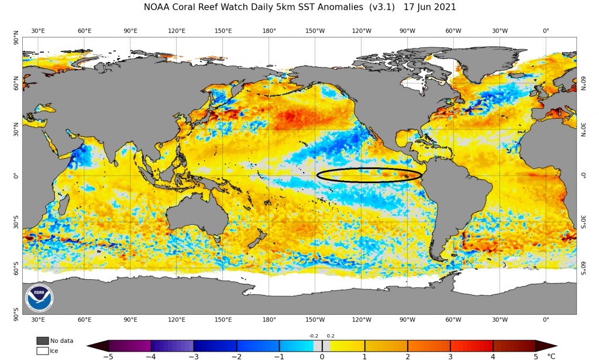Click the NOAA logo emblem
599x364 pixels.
39,298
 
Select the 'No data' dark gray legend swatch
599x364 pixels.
42,341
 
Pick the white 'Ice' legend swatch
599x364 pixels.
42,351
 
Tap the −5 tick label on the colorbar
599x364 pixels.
108,356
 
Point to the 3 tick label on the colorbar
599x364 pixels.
450,356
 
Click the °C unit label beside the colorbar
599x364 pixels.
552,356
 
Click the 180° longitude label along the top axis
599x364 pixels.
269,30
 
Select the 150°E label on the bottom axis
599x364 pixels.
223,320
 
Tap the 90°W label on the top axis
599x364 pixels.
408,30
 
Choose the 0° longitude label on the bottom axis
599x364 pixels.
546,320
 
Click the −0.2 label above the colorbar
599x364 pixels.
314,336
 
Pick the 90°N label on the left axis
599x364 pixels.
15,41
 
